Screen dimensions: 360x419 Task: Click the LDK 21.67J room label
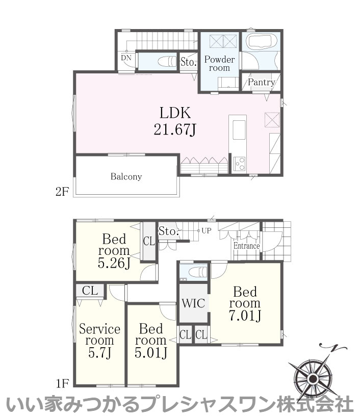(x=175, y=121)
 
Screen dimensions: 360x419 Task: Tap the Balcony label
(x=126, y=176)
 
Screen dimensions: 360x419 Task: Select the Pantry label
(x=261, y=82)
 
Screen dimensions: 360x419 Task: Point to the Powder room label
(x=219, y=63)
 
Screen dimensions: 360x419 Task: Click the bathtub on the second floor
(x=261, y=41)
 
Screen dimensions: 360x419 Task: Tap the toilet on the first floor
(x=197, y=272)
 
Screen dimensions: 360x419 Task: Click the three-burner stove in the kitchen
(x=239, y=163)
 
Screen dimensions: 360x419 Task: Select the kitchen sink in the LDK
(x=239, y=130)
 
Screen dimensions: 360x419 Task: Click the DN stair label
(x=126, y=58)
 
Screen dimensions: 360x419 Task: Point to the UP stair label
(x=207, y=230)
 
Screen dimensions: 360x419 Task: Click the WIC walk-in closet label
(x=193, y=303)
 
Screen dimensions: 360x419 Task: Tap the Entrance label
(x=246, y=246)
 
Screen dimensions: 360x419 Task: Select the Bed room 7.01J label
(x=245, y=303)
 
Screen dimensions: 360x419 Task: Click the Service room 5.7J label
(x=99, y=340)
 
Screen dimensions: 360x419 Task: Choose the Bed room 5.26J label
(x=114, y=251)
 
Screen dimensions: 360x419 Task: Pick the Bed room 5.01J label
(x=151, y=340)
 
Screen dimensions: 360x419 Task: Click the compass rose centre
(x=313, y=379)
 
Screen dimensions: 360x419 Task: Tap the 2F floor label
(x=62, y=191)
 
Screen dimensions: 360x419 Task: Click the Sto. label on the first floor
(x=168, y=231)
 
